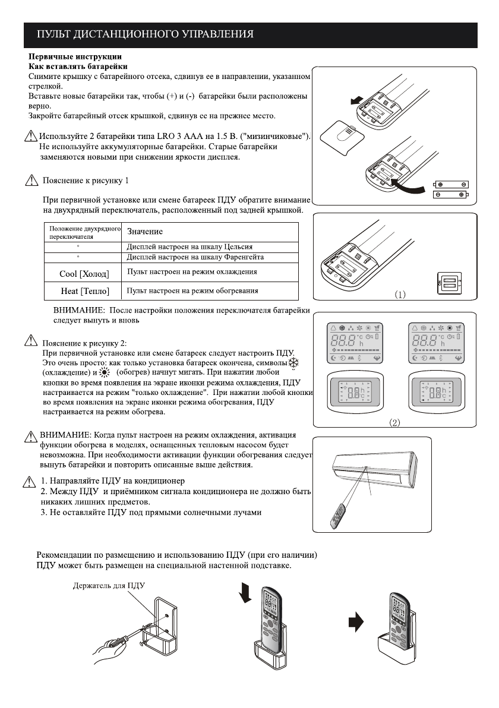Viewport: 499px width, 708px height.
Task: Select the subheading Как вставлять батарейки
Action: [x=78, y=65]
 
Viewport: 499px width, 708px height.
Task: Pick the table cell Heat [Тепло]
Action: [x=84, y=292]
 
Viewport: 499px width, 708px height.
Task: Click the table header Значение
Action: [x=145, y=231]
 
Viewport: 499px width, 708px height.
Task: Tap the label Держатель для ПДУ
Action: [x=109, y=586]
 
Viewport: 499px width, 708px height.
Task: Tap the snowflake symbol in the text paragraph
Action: [x=295, y=363]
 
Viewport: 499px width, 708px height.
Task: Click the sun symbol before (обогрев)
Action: [x=106, y=373]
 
